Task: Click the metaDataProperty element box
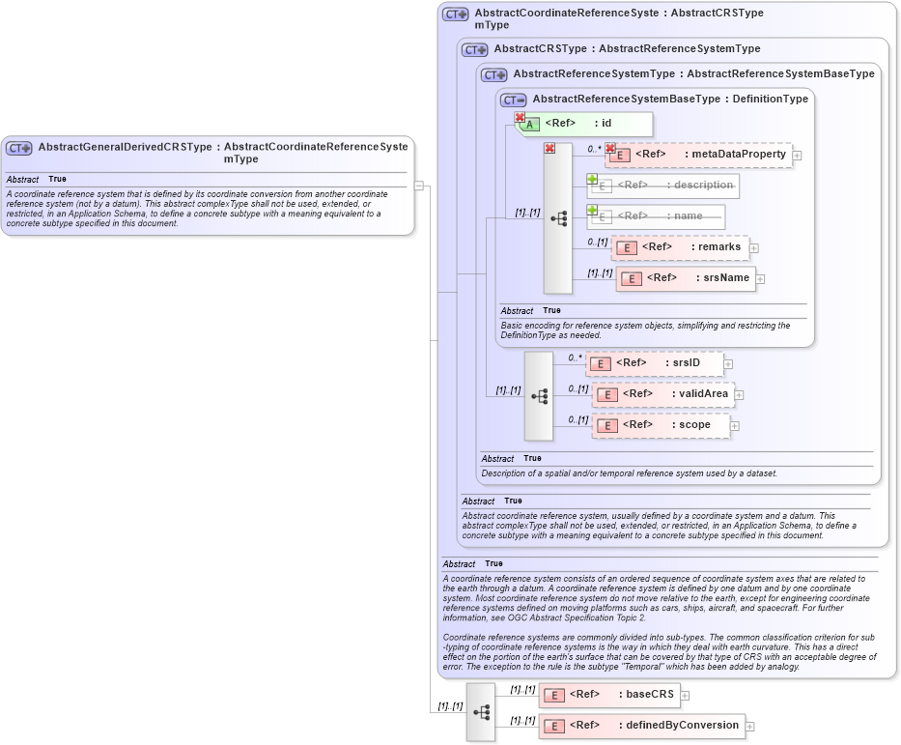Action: (x=699, y=155)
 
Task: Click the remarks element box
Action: (x=681, y=247)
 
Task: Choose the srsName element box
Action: (x=686, y=278)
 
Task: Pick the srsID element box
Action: (x=656, y=363)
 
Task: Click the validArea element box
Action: (x=663, y=394)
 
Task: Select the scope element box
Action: (x=662, y=425)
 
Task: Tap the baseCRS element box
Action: (x=609, y=695)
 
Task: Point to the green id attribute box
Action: (x=585, y=124)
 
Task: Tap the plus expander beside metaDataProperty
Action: (x=798, y=155)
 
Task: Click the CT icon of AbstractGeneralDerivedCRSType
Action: (x=19, y=148)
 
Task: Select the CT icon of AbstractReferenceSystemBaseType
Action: (x=513, y=100)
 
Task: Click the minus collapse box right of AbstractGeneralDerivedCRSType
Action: (x=419, y=186)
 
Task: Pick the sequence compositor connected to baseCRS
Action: (x=481, y=711)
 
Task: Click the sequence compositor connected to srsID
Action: (x=539, y=396)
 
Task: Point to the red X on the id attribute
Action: (x=520, y=118)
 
